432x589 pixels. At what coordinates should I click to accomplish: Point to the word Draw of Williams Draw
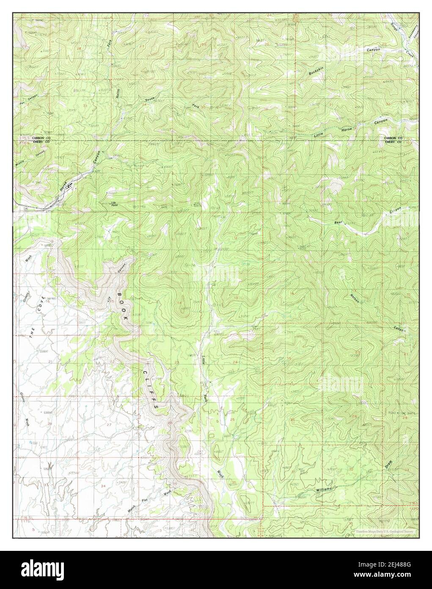pos(389,464)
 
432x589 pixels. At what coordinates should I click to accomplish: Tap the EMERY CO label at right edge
pos(393,142)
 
